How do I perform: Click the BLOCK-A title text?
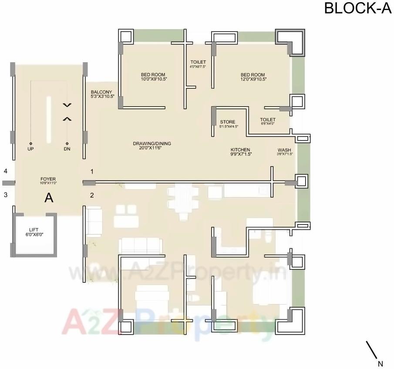pos(358,9)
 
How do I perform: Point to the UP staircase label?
pos(31,148)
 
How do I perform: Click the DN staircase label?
pos(67,148)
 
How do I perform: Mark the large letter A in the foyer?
pos(49,198)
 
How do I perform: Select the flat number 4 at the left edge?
pos(6,171)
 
